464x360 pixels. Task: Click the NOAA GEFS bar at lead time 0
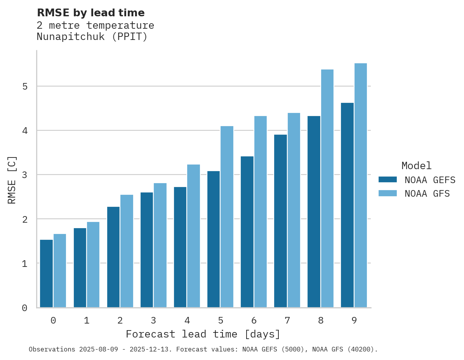[47, 273]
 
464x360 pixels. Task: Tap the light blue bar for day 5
[227, 217]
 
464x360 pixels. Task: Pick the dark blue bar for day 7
[280, 221]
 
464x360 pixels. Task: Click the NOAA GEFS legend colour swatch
[388, 180]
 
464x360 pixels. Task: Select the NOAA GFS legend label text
[427, 194]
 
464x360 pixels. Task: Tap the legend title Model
[417, 166]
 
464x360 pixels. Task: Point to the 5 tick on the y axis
[25, 86]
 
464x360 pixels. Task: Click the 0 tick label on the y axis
[25, 308]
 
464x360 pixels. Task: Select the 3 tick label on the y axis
[25, 175]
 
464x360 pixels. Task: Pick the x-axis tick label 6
[254, 320]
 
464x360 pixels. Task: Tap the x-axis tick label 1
[87, 320]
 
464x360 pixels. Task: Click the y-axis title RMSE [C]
[12, 180]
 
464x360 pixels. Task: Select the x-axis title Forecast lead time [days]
[203, 334]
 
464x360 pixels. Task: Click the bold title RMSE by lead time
[91, 13]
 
